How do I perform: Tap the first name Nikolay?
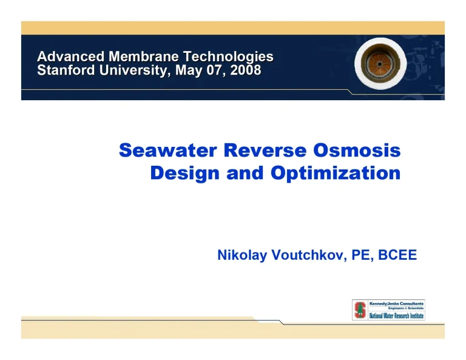(x=240, y=256)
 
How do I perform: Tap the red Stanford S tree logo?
(x=359, y=310)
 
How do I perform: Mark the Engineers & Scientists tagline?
(x=407, y=308)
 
